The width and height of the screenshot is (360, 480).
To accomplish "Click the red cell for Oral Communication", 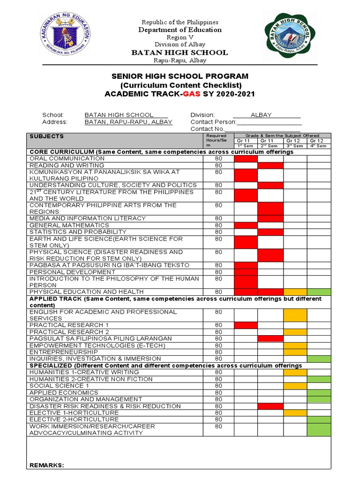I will tap(246, 158).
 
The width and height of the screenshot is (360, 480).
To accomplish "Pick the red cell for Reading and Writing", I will tap(270, 165).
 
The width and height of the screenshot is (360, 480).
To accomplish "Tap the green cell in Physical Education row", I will tap(319, 292).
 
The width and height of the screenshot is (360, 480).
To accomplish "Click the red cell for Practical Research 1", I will tap(246, 325).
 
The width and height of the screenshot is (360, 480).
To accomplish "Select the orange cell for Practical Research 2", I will tap(295, 332).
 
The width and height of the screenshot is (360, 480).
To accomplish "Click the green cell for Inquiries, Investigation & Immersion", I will tap(319, 359).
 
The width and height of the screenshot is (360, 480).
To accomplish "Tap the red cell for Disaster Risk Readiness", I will tap(270, 406).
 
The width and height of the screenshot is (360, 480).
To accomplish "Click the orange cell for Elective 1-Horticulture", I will tap(295, 412).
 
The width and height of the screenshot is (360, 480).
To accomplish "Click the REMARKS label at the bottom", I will tap(46, 465).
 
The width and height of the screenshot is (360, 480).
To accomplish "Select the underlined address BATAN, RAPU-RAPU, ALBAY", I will tap(128, 122).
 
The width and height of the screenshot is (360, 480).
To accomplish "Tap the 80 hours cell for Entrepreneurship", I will tap(218, 352).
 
